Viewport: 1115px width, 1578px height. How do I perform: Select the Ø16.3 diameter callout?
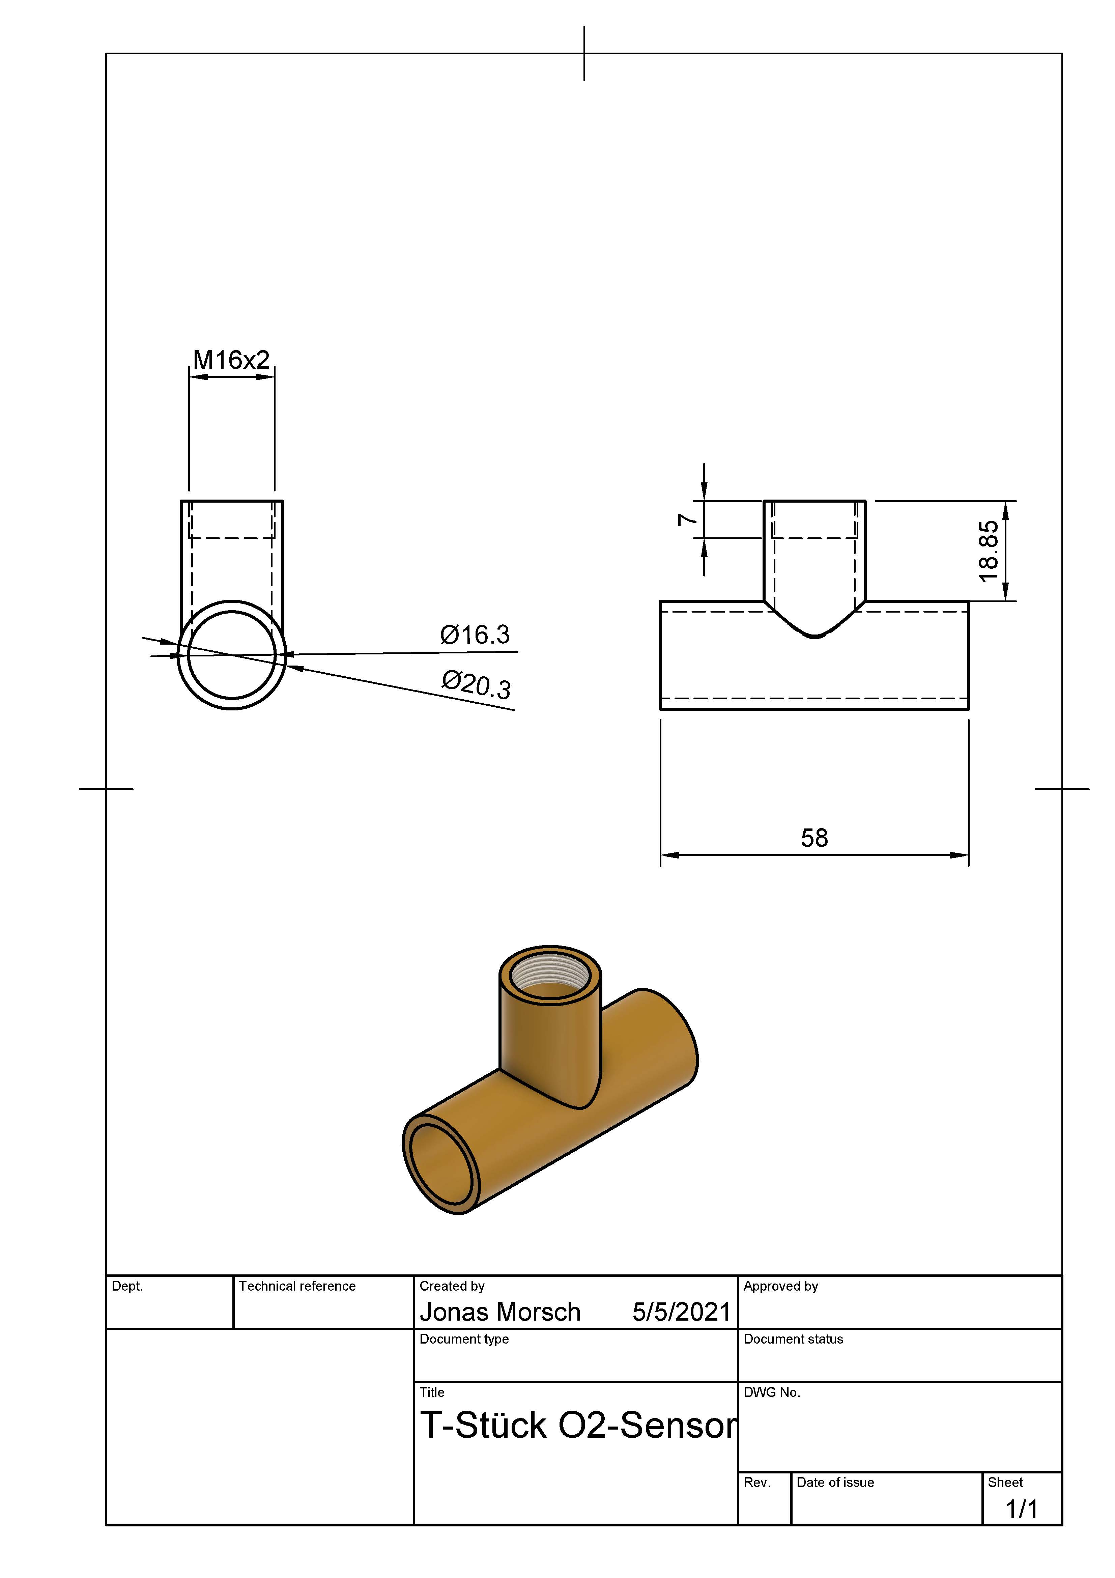pos(475,635)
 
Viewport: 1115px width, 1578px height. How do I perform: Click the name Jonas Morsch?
pos(500,1312)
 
